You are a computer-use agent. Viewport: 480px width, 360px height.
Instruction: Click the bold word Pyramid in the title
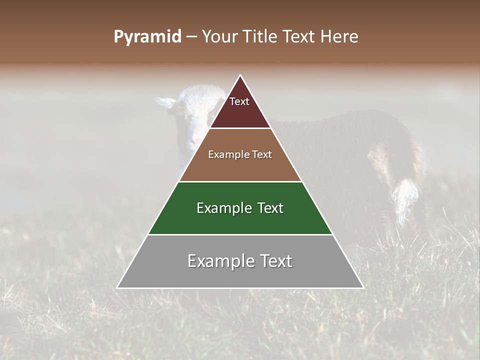point(147,37)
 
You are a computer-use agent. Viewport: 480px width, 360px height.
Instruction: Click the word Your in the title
point(218,37)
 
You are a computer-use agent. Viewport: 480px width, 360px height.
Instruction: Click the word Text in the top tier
point(239,101)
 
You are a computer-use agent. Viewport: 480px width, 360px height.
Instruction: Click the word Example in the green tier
point(222,208)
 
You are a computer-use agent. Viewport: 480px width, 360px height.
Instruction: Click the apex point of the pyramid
point(240,76)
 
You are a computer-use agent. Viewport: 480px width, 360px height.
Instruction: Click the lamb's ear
point(166,102)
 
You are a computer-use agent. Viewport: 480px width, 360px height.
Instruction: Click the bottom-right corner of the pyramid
point(363,287)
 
